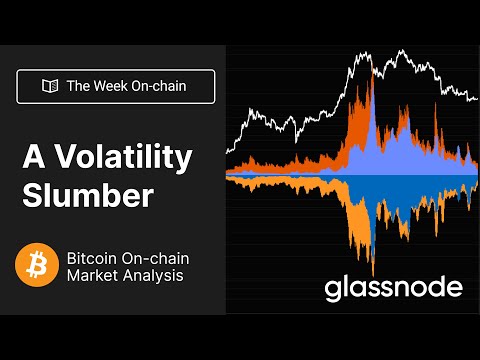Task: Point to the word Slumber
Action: coord(88,194)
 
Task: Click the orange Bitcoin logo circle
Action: coord(37,264)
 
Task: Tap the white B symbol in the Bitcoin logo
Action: coord(37,264)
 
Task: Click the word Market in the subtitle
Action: coord(91,275)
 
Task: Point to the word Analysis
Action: coord(151,275)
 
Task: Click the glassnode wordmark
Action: coord(393,289)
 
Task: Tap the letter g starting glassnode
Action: coord(333,291)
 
